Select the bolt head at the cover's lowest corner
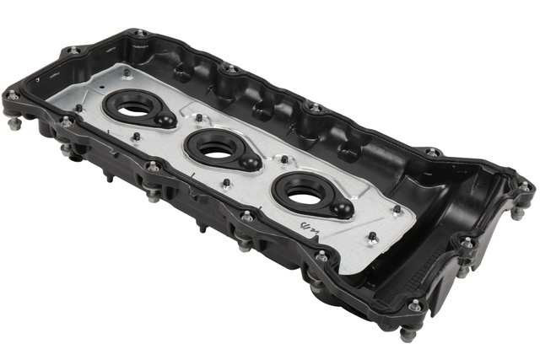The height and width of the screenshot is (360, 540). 413,306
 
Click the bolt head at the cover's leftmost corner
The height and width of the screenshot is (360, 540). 13,96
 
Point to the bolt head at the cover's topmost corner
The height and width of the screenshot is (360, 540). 139,35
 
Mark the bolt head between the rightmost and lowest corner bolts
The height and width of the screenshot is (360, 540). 467,242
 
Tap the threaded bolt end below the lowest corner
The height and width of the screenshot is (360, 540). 406,334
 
